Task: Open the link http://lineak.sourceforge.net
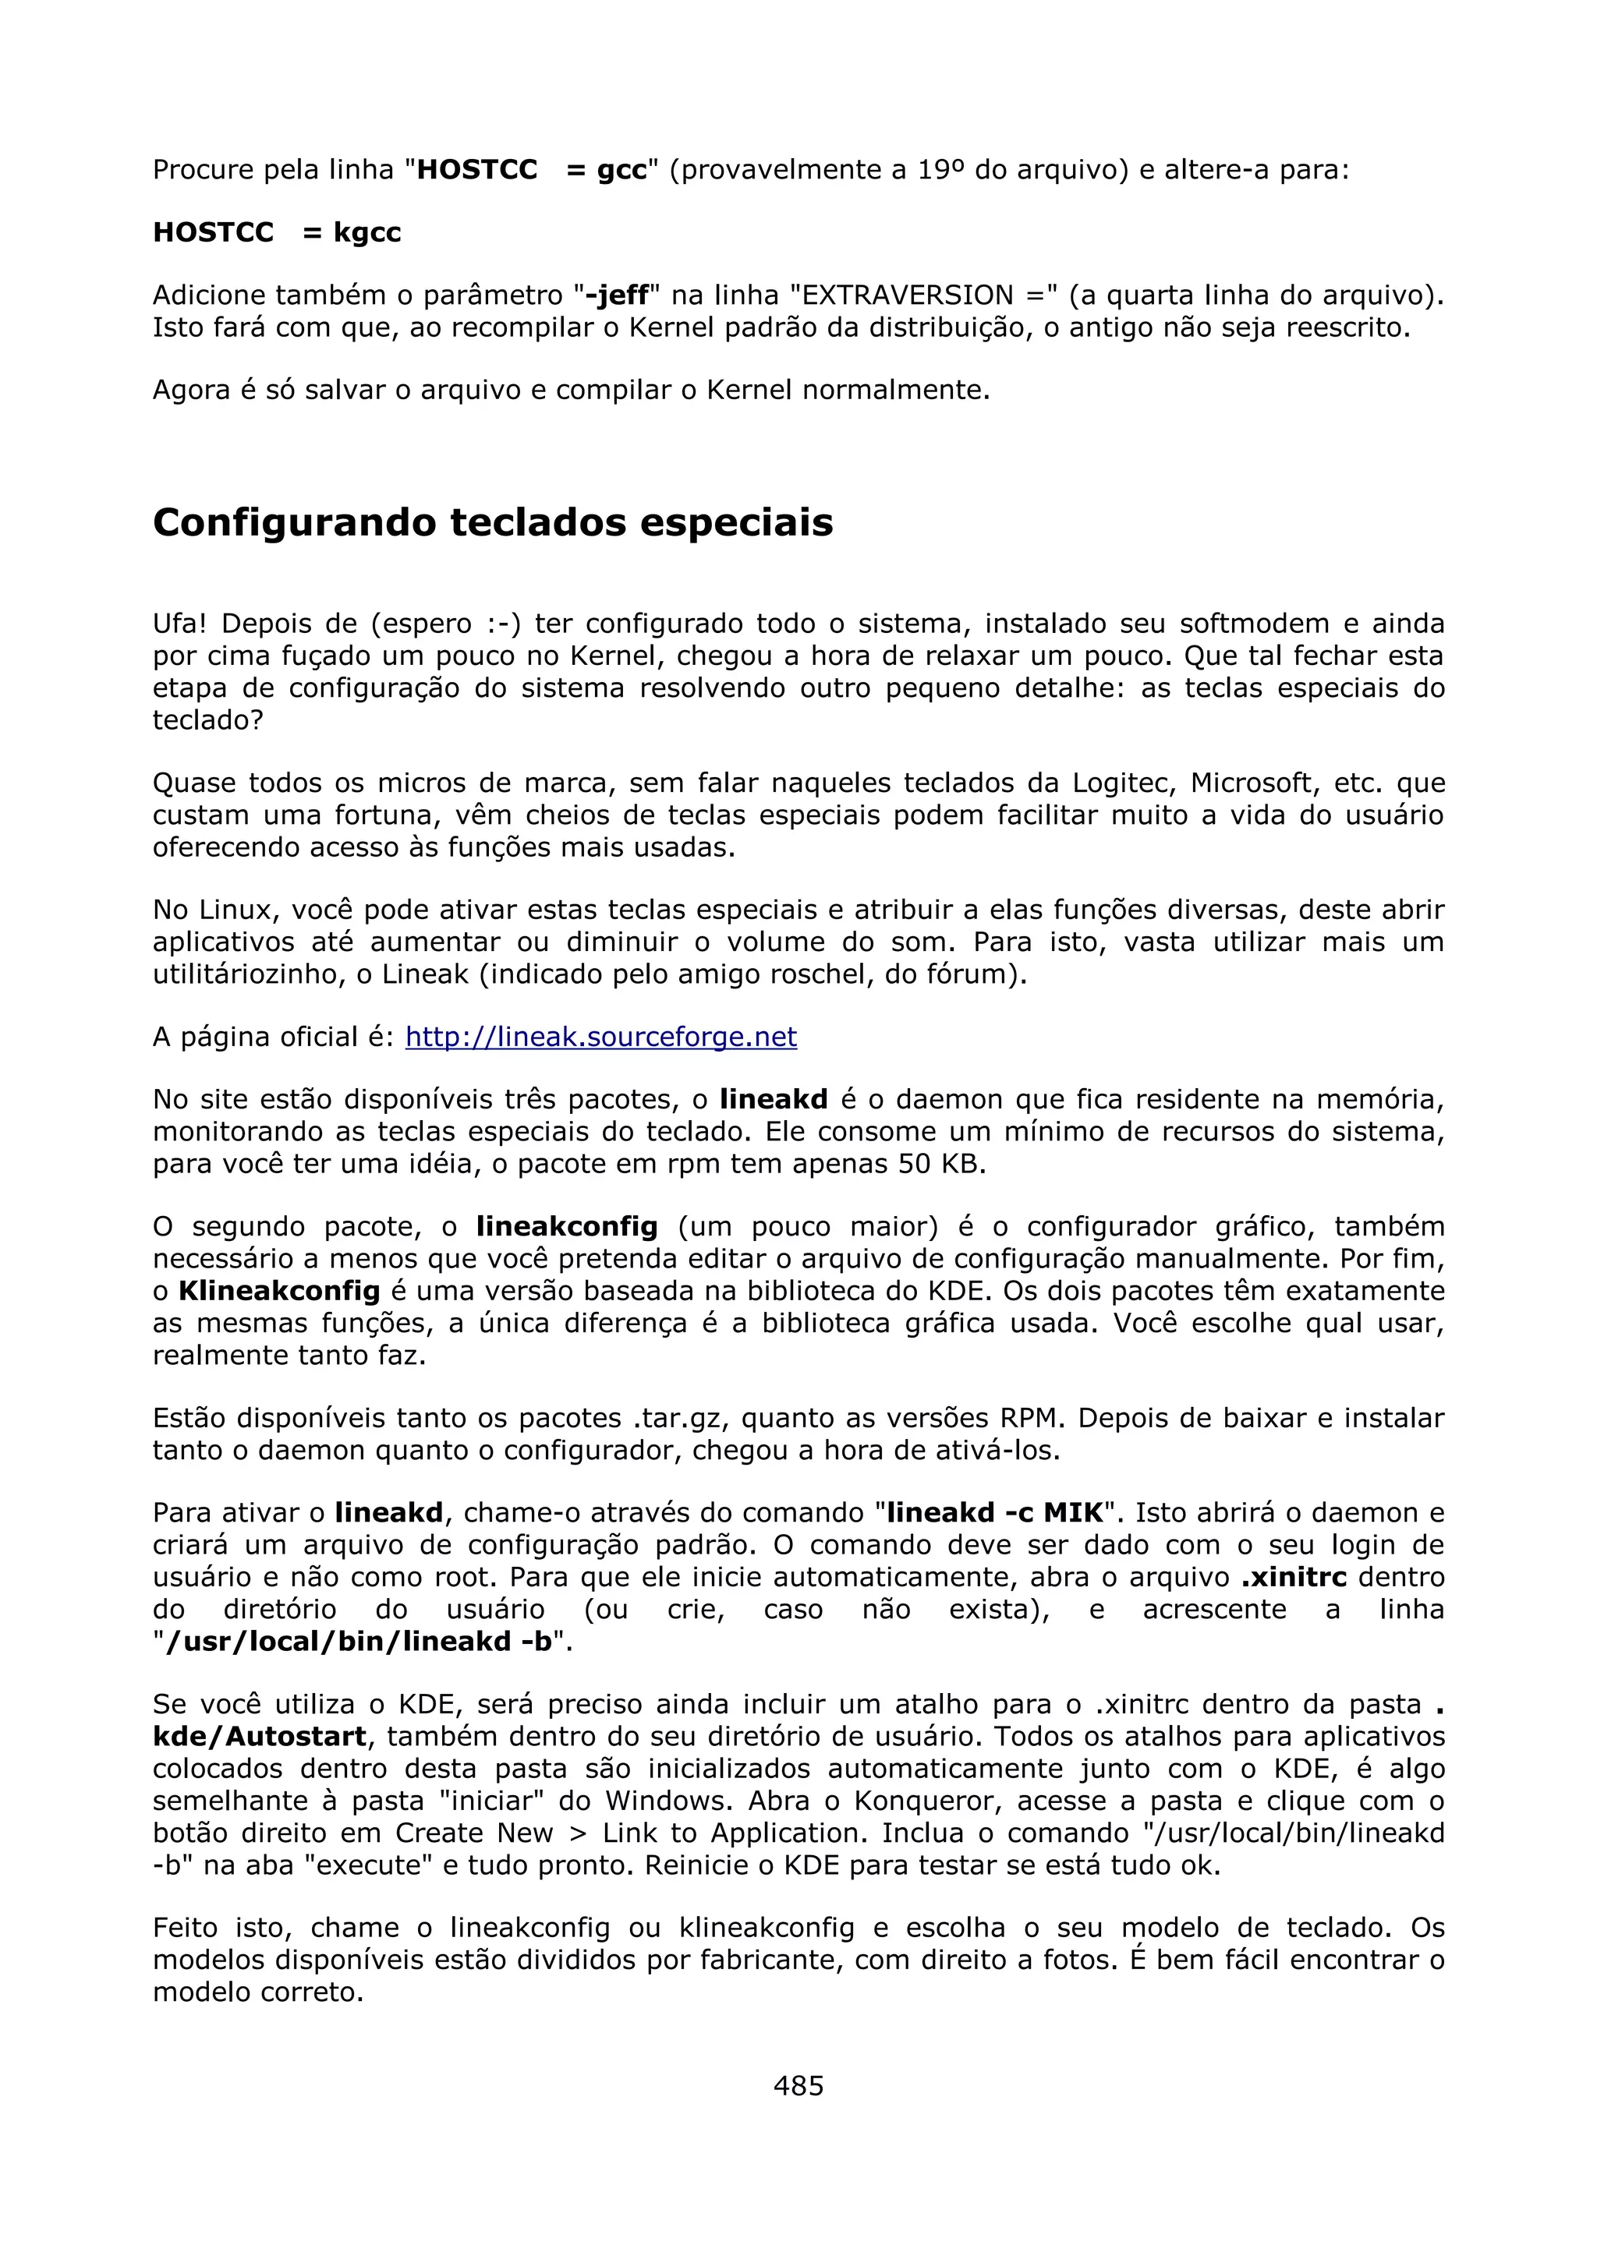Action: (x=600, y=1037)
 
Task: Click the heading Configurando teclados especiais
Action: (x=492, y=522)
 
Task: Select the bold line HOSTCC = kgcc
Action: (x=277, y=233)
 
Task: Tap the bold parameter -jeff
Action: (x=617, y=295)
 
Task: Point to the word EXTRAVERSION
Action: (x=908, y=295)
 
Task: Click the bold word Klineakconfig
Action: (x=278, y=1291)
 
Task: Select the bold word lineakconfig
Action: (x=567, y=1227)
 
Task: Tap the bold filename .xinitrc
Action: (x=1293, y=1576)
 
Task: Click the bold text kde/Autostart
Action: (x=260, y=1737)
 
